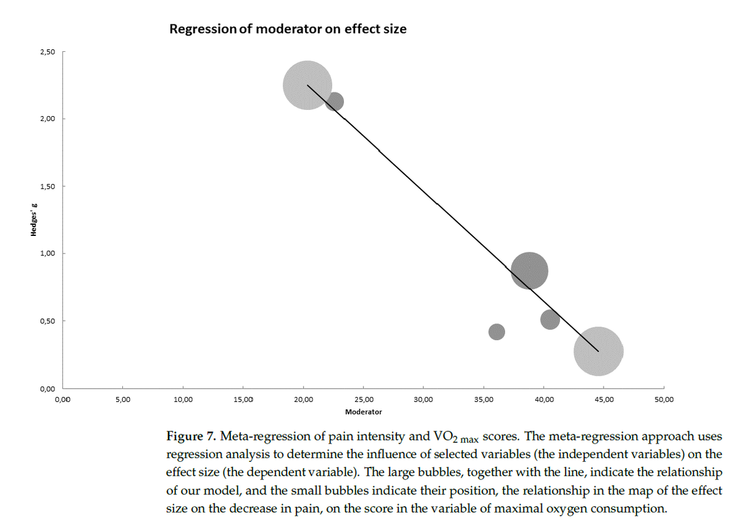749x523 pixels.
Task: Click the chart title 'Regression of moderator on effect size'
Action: (288, 29)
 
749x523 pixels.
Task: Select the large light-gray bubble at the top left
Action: (307, 86)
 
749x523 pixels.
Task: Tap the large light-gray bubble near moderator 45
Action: (598, 351)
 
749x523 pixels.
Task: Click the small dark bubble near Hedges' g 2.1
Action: (335, 101)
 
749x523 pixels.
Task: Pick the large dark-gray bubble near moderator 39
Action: (529, 271)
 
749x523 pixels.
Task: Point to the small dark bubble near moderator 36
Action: (496, 331)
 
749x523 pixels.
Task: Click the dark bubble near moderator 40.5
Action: (550, 320)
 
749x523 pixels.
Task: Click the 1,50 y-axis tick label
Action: (47, 186)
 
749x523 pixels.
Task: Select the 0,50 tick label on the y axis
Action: (47, 321)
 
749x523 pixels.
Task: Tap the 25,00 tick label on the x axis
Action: (363, 399)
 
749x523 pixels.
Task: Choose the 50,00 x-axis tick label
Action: (663, 399)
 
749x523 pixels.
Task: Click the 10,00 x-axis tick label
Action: (183, 399)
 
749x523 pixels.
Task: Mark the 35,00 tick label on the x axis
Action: (483, 399)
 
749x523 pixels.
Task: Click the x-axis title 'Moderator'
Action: (363, 412)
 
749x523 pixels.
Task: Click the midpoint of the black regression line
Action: (453, 218)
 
